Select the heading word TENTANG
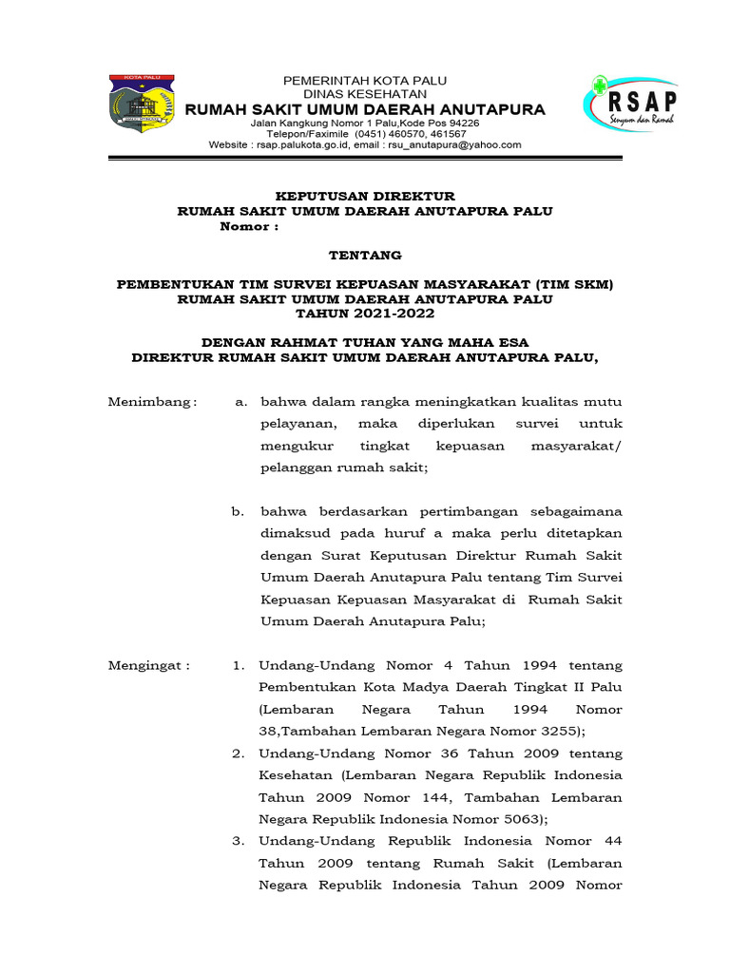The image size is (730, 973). coord(365,255)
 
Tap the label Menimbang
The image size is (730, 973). coord(151,402)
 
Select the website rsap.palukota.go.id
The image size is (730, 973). coord(305,144)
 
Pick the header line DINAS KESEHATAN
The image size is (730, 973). coord(365,94)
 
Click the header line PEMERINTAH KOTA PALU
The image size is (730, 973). coord(365,81)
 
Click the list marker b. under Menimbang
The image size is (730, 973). coord(238,511)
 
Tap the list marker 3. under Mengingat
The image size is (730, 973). coord(239,841)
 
